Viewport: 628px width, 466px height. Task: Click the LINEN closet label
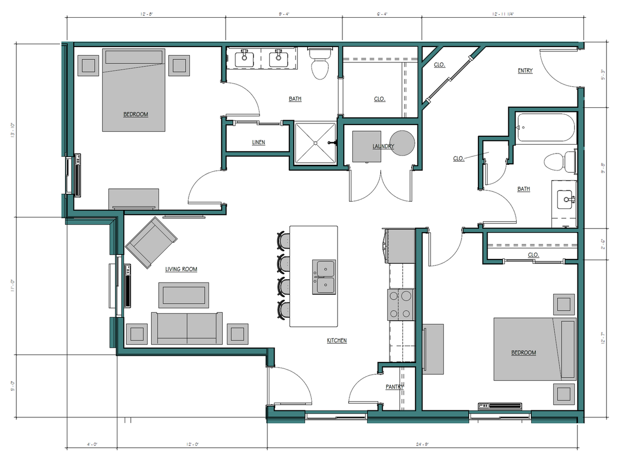point(258,143)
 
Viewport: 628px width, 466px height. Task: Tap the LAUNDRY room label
point(383,146)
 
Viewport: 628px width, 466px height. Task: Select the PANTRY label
point(394,387)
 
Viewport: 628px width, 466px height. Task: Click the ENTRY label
point(525,71)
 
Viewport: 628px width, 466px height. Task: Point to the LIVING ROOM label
point(181,269)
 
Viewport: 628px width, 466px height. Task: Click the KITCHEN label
point(337,340)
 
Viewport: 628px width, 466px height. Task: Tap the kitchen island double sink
point(324,277)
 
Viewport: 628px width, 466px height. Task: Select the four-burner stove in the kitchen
point(401,304)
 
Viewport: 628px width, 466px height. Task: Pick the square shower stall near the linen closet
point(315,143)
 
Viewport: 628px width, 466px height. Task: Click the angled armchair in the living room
point(151,242)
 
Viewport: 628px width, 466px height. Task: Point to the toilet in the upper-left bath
point(321,64)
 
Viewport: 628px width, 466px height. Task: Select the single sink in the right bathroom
point(568,200)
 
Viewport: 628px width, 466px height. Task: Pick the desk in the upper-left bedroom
point(133,199)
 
